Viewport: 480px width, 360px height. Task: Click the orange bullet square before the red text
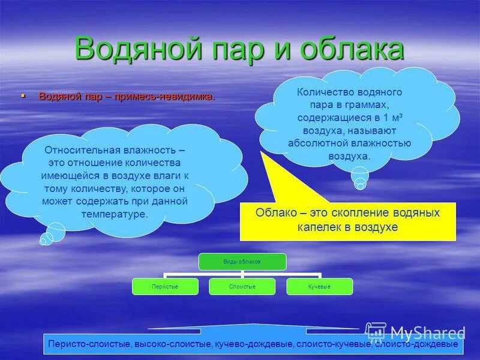click(23, 95)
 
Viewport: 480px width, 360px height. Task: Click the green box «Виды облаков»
click(243, 261)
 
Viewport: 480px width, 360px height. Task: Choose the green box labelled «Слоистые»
click(242, 287)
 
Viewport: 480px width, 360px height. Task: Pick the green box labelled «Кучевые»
click(319, 287)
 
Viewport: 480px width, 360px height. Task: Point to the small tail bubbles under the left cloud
click(51, 233)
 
